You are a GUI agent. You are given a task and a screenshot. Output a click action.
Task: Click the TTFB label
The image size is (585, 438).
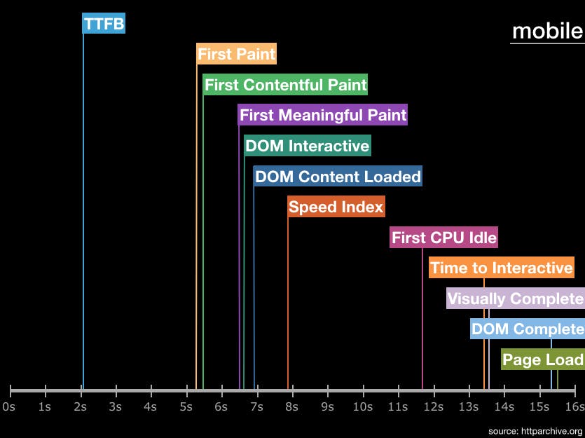pyautogui.click(x=104, y=24)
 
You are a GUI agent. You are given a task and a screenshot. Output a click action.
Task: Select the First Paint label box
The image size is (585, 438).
pyautogui.click(x=236, y=54)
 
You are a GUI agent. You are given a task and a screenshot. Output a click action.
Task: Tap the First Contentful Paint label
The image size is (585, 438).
pyautogui.click(x=285, y=85)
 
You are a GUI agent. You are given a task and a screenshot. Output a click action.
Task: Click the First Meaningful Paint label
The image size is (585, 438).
pyautogui.click(x=323, y=115)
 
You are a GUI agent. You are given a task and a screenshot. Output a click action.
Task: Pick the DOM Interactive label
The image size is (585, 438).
pyautogui.click(x=307, y=146)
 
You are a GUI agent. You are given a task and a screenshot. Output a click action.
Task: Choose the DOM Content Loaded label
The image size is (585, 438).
pyautogui.click(x=338, y=177)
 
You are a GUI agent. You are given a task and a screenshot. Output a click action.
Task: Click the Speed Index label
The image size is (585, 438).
pyautogui.click(x=336, y=207)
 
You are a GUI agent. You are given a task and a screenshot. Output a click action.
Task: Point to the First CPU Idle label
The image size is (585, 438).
pyautogui.click(x=444, y=238)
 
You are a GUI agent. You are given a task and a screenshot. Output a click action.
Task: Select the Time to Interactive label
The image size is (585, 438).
pyautogui.click(x=502, y=268)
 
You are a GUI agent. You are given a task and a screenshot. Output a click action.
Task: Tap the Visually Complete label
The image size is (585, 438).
pyautogui.click(x=515, y=299)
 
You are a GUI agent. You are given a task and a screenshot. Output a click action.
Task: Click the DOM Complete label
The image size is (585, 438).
pyautogui.click(x=527, y=329)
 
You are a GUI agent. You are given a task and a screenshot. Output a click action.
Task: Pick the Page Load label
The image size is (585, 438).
pyautogui.click(x=543, y=360)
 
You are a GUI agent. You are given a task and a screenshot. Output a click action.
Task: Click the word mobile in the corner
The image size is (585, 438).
pyautogui.click(x=547, y=31)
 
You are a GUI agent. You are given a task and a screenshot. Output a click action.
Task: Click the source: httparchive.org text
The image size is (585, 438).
pyautogui.click(x=535, y=430)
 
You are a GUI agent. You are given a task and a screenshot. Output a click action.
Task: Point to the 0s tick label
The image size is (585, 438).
pyautogui.click(x=9, y=406)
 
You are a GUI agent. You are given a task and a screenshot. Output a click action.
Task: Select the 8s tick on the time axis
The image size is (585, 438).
pyautogui.click(x=292, y=406)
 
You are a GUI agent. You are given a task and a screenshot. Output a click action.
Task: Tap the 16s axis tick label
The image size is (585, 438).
pyautogui.click(x=574, y=406)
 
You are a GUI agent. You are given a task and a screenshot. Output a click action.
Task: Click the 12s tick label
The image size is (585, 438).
pyautogui.click(x=433, y=406)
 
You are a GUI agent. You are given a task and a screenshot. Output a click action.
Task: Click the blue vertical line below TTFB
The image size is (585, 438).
pyautogui.click(x=83, y=210)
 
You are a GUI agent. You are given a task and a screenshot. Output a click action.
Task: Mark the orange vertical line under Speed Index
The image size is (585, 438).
pyautogui.click(x=288, y=301)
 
